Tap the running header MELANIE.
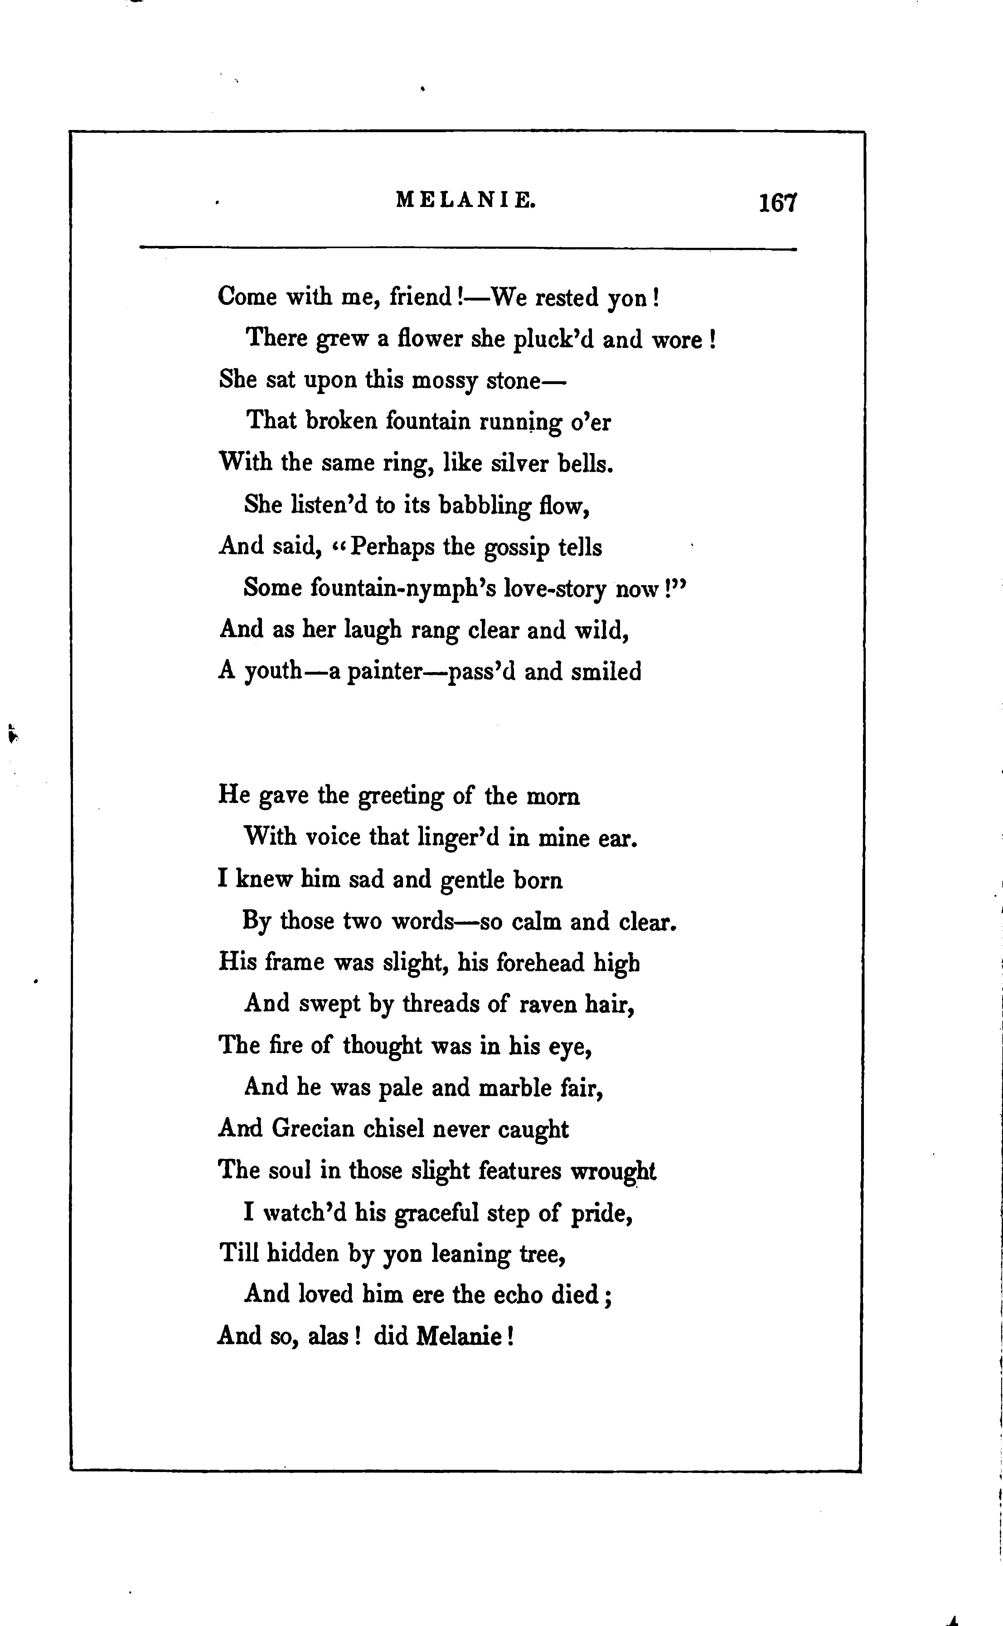[466, 200]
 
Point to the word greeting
[401, 796]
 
